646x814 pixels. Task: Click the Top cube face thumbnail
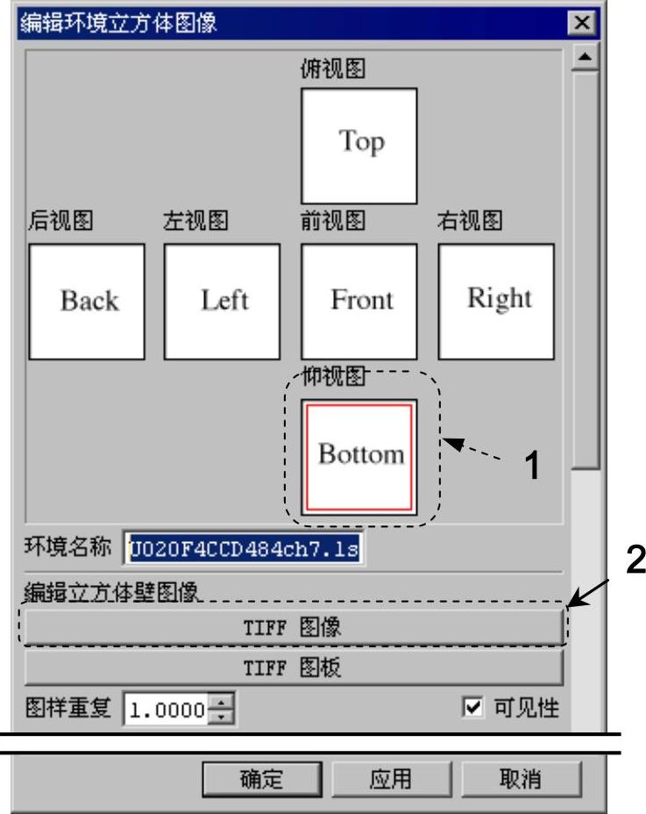(x=358, y=146)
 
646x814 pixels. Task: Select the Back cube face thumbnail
(x=87, y=301)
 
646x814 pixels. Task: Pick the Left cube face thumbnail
(x=222, y=301)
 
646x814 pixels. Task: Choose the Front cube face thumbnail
(x=358, y=301)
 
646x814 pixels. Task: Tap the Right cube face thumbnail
(x=496, y=301)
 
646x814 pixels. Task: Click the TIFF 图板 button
(x=292, y=668)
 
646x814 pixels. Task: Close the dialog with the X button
(x=579, y=24)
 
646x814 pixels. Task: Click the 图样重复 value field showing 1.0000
(x=167, y=709)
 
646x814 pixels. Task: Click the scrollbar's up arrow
(x=584, y=59)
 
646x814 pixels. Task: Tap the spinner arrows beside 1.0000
(x=224, y=709)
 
